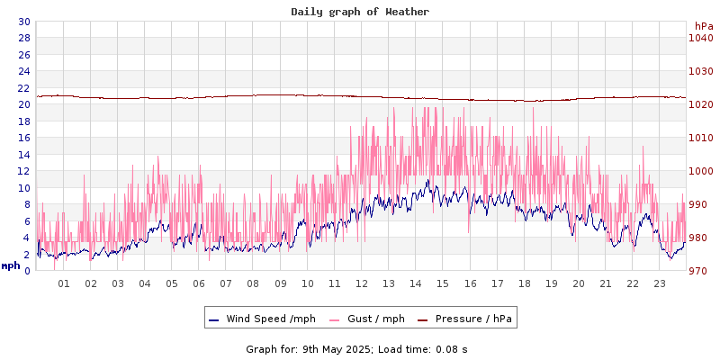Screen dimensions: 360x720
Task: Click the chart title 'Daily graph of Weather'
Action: click(360, 12)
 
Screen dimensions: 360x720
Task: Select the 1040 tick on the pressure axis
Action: click(700, 38)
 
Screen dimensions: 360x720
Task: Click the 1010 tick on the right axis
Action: click(700, 138)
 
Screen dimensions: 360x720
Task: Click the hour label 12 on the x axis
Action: click(362, 283)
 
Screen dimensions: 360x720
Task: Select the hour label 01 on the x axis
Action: click(64, 283)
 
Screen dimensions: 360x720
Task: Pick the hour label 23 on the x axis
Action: click(660, 283)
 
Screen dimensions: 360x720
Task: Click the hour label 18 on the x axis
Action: click(525, 283)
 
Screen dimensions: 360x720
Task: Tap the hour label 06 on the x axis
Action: click(199, 283)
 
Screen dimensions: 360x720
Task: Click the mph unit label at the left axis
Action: click(11, 265)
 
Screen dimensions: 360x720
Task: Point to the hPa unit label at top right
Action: click(704, 26)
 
